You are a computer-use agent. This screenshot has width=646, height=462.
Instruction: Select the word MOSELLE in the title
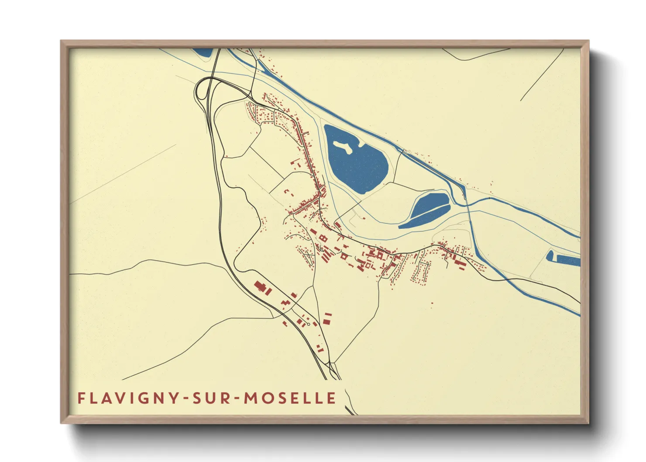[x=290, y=398]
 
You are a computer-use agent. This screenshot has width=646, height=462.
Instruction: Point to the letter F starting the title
[x=81, y=398]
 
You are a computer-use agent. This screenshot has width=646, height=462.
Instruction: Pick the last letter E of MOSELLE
[x=332, y=398]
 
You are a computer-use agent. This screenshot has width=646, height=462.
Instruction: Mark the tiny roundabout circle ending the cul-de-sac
[x=309, y=324]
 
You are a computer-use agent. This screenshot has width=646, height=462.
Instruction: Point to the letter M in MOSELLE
[x=251, y=398]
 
